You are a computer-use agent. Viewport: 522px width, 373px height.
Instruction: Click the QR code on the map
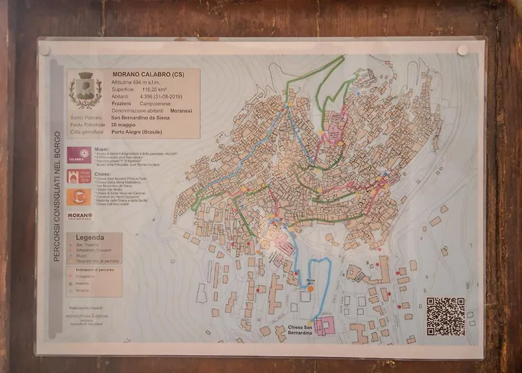[445, 316]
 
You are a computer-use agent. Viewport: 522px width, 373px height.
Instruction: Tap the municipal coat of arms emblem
[84, 90]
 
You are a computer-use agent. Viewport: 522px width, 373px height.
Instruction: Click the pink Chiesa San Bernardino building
[324, 326]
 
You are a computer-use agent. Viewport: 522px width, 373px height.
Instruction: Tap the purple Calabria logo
[79, 155]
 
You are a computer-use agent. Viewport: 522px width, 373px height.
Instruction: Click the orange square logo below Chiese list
[79, 197]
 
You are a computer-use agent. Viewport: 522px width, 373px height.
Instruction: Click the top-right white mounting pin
[463, 50]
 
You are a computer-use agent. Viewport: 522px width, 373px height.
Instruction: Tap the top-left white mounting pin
[45, 51]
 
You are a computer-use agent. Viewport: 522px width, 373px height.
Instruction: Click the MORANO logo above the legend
[80, 216]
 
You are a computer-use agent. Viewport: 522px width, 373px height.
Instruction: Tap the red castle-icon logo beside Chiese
[79, 177]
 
